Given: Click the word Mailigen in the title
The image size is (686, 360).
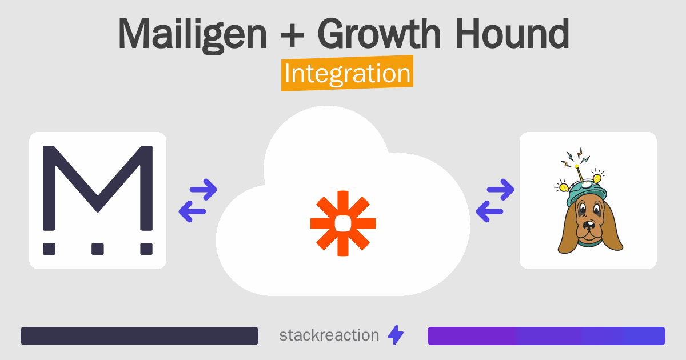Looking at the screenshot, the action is (x=192, y=34).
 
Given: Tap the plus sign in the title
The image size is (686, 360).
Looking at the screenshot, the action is (x=292, y=34).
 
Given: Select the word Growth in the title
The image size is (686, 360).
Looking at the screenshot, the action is (x=379, y=33).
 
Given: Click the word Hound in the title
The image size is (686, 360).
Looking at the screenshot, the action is (x=512, y=33).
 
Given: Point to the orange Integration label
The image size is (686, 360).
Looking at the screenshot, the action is (x=348, y=73).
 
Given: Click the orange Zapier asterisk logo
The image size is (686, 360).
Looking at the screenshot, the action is (x=343, y=223).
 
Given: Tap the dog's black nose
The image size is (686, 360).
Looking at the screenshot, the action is (x=588, y=225).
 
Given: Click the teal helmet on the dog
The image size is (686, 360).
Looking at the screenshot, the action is (x=586, y=193).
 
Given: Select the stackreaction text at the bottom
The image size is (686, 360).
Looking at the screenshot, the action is (x=329, y=335).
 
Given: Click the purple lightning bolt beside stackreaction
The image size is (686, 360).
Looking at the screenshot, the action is (x=396, y=335).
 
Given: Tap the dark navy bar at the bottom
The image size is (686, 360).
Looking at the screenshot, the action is (x=139, y=336).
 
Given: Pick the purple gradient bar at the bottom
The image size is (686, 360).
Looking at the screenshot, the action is (x=547, y=336).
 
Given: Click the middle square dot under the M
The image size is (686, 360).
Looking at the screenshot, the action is (x=98, y=249).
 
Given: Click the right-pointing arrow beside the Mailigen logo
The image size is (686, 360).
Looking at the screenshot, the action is (x=204, y=190).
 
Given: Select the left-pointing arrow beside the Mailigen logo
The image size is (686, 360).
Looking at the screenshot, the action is (x=192, y=211).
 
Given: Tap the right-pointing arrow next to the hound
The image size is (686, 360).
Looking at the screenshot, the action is (x=500, y=190).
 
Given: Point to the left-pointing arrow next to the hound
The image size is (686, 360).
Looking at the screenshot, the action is (x=489, y=211).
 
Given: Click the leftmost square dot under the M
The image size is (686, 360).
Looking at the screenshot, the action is (x=49, y=249).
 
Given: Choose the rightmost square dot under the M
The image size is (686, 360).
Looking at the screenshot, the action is (x=146, y=249).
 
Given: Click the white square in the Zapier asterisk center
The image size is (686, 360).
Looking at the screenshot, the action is (x=343, y=223).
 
